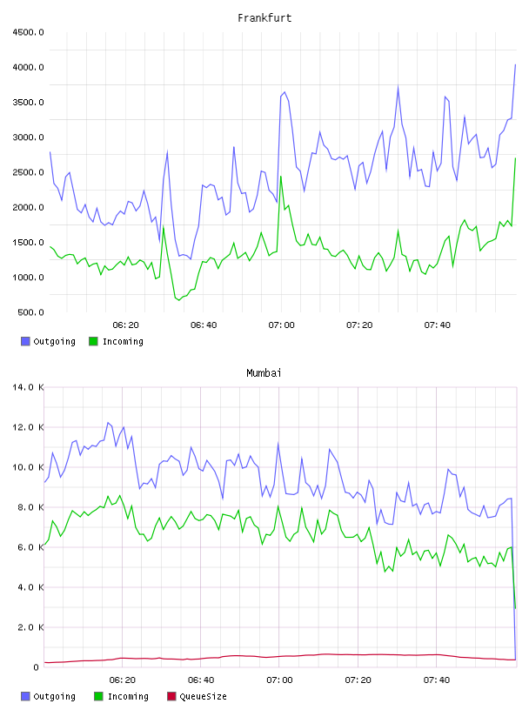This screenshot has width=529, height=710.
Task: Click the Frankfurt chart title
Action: coord(264,17)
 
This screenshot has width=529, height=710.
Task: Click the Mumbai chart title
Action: coord(264,372)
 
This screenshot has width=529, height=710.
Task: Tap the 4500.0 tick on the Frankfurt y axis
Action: coord(29,32)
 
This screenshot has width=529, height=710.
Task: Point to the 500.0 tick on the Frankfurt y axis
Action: coord(30,312)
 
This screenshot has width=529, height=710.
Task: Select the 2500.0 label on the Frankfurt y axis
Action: coord(29,172)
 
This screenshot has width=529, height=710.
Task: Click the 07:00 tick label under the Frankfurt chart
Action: coord(281,325)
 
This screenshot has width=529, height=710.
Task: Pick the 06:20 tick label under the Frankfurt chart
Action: coord(125,325)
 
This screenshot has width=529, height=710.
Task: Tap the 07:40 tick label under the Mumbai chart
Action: coord(437,680)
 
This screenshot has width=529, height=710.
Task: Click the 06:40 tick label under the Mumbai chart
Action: coord(201,680)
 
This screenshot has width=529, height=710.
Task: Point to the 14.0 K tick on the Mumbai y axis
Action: coord(29,387)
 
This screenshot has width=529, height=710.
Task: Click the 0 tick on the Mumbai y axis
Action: coord(37,667)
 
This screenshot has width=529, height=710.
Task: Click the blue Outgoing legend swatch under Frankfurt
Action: coord(25,341)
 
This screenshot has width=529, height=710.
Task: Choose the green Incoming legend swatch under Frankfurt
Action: coord(93,341)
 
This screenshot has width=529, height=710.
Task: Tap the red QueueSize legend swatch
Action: coord(171,696)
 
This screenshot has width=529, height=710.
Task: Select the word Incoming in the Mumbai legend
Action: coord(128,696)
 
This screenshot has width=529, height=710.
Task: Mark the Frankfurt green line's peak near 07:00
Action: coord(281,176)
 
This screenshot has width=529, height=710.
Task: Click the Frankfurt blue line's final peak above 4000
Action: coord(515,64)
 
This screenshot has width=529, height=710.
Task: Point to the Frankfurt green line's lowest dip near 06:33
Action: coord(179,300)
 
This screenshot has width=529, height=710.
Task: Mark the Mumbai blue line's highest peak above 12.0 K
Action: coord(108,423)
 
